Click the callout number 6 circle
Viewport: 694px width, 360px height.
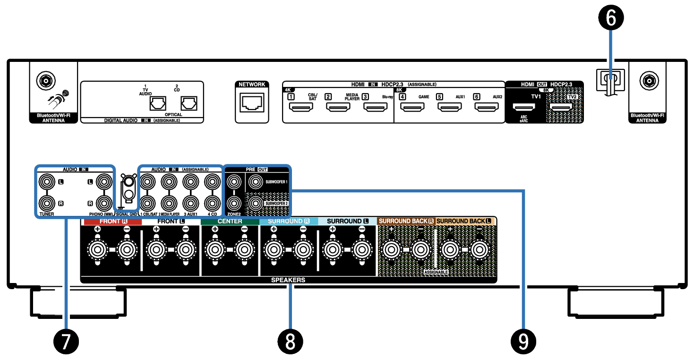(x=611, y=18)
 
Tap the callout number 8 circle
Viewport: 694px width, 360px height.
(x=290, y=340)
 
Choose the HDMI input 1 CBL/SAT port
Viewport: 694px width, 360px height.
(x=300, y=108)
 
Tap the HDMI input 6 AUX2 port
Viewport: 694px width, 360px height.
(x=486, y=108)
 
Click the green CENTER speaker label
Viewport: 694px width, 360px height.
(x=230, y=221)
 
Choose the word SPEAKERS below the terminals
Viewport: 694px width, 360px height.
(x=288, y=280)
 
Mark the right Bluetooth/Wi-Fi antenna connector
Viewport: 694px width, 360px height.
(x=646, y=80)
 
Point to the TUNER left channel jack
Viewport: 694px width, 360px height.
(x=46, y=180)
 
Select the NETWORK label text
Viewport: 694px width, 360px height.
(x=252, y=85)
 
